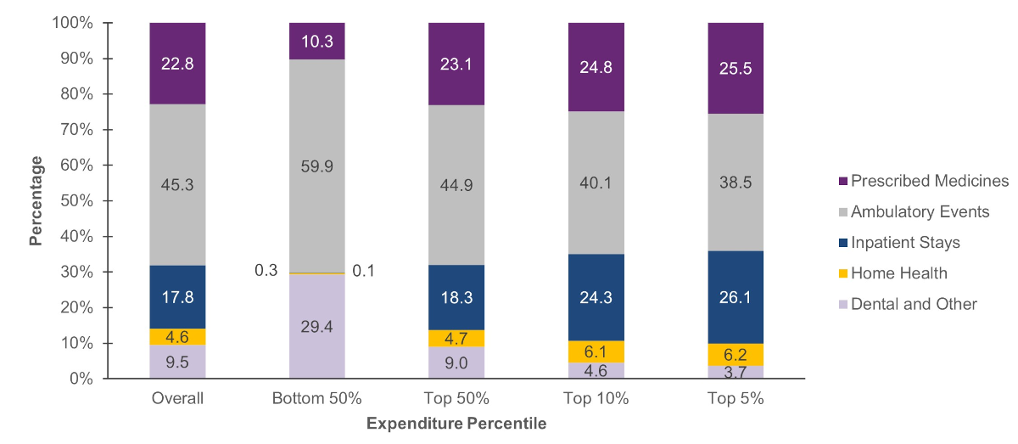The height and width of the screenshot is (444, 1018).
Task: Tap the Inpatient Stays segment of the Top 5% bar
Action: point(735,296)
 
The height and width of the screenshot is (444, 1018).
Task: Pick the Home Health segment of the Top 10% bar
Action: point(596,351)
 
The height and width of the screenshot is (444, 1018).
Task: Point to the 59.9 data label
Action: point(316,166)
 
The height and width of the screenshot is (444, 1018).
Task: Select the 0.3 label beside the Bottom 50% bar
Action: point(266,271)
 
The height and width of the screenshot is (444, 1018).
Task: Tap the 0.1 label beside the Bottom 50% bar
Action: point(363,271)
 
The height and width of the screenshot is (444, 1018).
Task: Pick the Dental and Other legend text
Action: point(914,304)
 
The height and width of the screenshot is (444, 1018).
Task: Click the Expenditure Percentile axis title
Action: point(456,423)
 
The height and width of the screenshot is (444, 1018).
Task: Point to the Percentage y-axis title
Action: point(36,201)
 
